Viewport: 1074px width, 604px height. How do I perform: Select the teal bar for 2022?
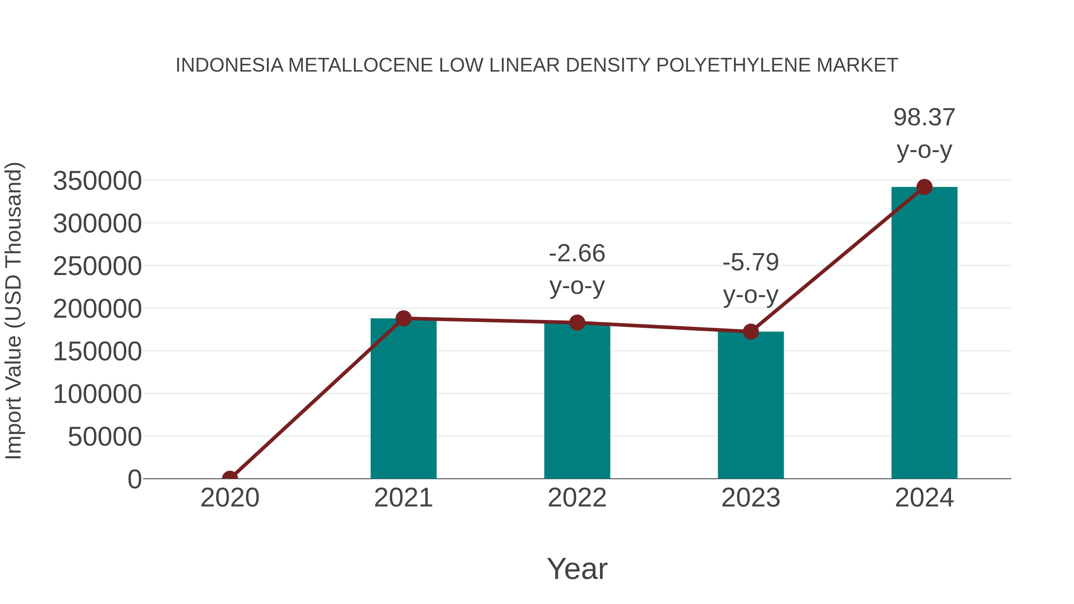[577, 402]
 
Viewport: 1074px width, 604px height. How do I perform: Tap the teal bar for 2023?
[751, 407]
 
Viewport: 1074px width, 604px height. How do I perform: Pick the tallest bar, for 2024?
[924, 333]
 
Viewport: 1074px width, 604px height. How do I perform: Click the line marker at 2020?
[230, 478]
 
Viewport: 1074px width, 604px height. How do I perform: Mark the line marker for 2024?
[924, 187]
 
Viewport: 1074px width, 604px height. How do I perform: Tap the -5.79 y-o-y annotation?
[751, 279]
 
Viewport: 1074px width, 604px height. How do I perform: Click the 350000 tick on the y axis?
[97, 181]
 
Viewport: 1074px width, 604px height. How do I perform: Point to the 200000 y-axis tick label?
[97, 309]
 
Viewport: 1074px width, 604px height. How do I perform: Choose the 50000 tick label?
[105, 437]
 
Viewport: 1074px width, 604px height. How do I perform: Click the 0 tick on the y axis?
[134, 479]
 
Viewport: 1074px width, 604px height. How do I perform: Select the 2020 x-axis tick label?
[230, 498]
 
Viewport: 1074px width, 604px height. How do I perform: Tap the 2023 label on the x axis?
[751, 498]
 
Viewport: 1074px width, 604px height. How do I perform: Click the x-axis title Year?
[577, 569]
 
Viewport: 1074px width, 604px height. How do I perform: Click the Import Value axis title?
[13, 311]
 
